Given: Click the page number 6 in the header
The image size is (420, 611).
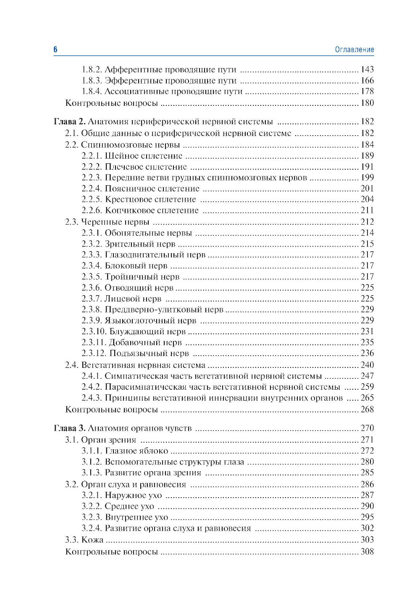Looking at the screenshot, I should (x=55, y=50).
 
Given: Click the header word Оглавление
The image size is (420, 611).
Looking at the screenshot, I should (x=354, y=50).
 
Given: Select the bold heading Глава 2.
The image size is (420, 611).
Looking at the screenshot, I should (x=70, y=122).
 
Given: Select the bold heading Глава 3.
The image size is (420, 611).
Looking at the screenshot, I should (x=70, y=428).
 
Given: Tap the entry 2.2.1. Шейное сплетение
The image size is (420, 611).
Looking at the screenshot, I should (x=132, y=156).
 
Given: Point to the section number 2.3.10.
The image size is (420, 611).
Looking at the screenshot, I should (x=94, y=332).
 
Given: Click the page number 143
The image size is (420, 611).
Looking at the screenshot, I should (x=367, y=70).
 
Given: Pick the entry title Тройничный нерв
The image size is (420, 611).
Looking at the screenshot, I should (x=142, y=277).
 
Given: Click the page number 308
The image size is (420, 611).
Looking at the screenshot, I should (x=367, y=552).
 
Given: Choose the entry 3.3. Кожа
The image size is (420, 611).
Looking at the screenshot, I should (x=84, y=540).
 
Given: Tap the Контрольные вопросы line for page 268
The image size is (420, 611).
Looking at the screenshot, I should (x=111, y=409).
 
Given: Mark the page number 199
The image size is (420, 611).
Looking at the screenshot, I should (x=367, y=178).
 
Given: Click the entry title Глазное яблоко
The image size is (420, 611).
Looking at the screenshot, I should (x=136, y=451).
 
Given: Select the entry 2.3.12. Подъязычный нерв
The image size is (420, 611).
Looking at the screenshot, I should (x=135, y=354).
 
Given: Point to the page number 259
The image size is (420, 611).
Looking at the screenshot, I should (x=367, y=387).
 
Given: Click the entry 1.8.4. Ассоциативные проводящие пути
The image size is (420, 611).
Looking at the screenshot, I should (x=162, y=92).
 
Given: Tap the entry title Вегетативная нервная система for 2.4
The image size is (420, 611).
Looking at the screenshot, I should (x=143, y=365).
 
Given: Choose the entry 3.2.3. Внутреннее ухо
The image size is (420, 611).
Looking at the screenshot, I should (x=125, y=517).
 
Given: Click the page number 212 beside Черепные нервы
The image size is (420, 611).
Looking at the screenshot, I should (x=367, y=222).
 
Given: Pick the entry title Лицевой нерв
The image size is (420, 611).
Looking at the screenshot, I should (x=133, y=299).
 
